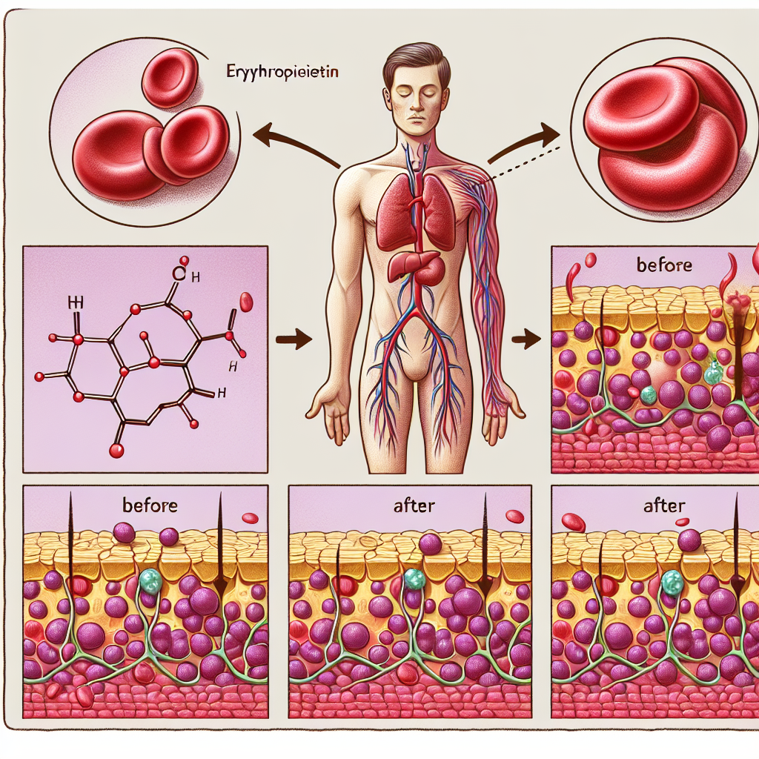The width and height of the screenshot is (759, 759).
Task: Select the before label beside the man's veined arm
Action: point(665,265)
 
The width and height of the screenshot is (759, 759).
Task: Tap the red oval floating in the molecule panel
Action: point(247,301)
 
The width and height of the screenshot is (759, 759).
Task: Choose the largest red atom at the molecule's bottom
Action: point(116,450)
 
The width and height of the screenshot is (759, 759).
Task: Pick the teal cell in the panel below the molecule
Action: point(150,580)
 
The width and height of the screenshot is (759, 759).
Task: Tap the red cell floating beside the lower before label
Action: point(250,517)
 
